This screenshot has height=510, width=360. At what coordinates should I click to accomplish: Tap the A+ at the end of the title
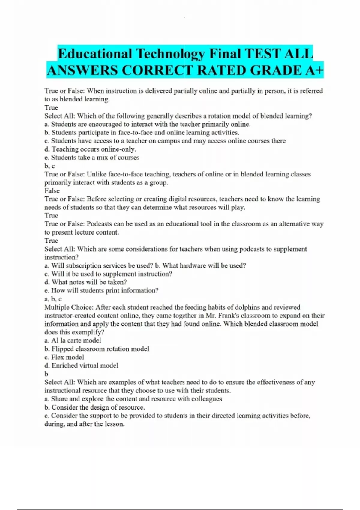[315, 70]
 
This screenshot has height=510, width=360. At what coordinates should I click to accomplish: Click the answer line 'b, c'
[49, 166]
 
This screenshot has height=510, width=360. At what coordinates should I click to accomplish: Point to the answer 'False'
[52, 191]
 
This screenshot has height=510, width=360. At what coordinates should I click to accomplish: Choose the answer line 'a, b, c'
[53, 299]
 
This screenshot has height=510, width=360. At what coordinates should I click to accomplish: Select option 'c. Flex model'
[64, 357]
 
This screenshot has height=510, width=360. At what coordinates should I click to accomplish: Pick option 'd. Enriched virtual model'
[81, 366]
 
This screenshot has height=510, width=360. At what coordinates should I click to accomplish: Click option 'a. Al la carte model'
[73, 341]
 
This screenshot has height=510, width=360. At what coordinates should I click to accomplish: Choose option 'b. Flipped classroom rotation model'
[97, 349]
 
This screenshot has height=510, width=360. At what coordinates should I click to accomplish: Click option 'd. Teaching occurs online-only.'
[90, 149]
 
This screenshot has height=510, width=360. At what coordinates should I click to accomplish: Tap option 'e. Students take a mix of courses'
[92, 157]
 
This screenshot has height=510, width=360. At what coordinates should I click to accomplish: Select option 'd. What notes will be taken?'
[85, 282]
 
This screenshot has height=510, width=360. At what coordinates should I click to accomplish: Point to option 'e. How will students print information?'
[101, 291]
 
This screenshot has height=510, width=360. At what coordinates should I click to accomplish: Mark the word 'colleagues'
[207, 399]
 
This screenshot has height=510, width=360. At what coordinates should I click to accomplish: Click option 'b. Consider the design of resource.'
[94, 407]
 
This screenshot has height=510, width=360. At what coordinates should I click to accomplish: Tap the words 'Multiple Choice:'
[69, 307]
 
